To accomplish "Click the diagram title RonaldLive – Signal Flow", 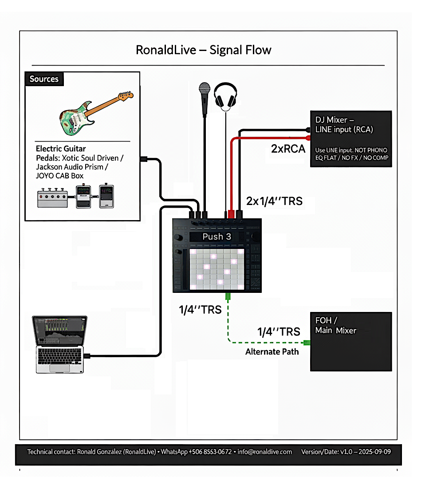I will pyautogui.click(x=203, y=50).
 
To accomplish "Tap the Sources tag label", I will pyautogui.click(x=44, y=79).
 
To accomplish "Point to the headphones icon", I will pyautogui.click(x=226, y=96).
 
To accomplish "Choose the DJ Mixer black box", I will pyautogui.click(x=350, y=138).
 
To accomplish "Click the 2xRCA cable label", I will pyautogui.click(x=288, y=149).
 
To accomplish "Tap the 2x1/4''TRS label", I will pyautogui.click(x=274, y=201).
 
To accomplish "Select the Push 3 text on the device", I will pyautogui.click(x=217, y=237).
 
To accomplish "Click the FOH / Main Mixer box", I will pyautogui.click(x=350, y=341).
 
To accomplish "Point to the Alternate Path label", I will pyautogui.click(x=272, y=352).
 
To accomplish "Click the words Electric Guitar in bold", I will pyautogui.click(x=61, y=149).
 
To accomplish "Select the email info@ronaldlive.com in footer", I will pyautogui.click(x=265, y=452).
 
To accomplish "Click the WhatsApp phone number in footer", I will pyautogui.click(x=210, y=452).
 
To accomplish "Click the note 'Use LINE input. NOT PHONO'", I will pyautogui.click(x=351, y=150).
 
